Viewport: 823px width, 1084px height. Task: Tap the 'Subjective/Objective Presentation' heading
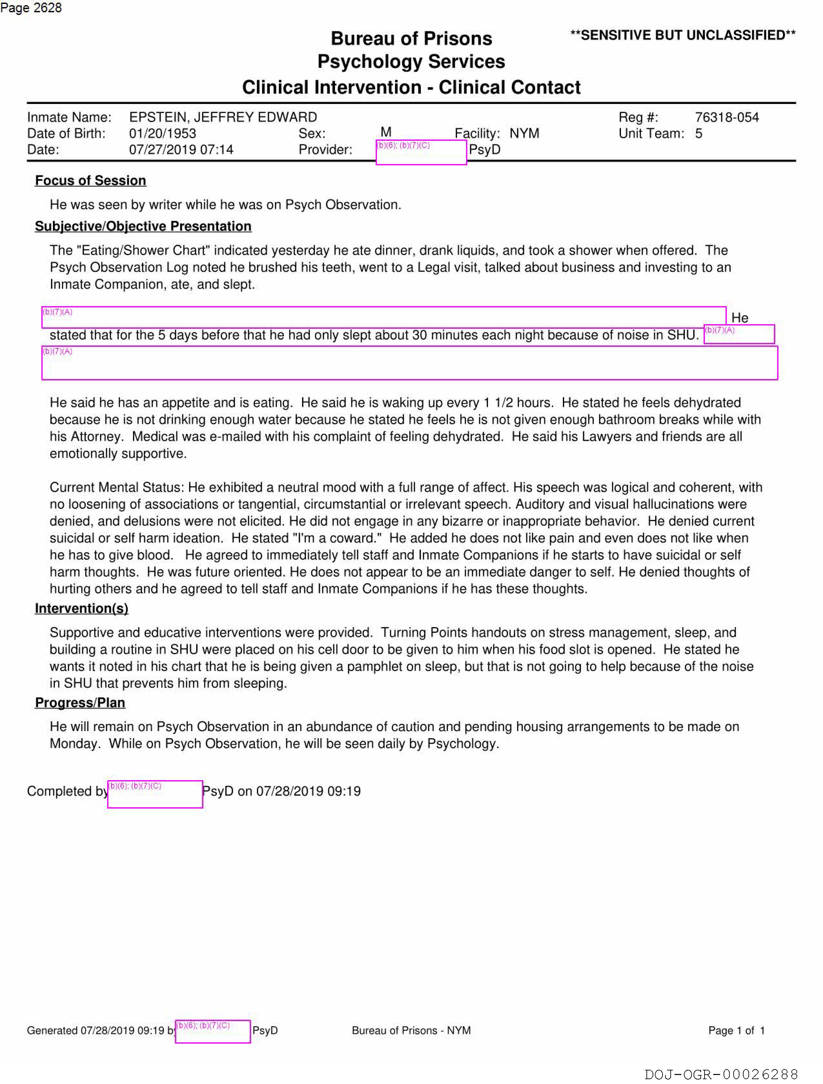[143, 226]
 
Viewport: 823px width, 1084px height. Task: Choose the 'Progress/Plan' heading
[80, 702]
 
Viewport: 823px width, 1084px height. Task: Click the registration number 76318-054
[726, 117]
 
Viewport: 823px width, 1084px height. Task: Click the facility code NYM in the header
[524, 133]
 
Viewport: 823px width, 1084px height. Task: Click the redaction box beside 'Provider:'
[421, 152]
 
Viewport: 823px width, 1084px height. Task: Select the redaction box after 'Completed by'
[155, 794]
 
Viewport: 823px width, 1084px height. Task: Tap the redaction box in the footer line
[213, 1032]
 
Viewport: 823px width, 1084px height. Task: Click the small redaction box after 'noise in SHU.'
[739, 334]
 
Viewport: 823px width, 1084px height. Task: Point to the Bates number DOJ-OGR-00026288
[721, 1074]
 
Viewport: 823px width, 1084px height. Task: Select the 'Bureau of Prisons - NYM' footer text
[411, 1031]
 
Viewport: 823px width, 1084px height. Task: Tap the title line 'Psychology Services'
[411, 62]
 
